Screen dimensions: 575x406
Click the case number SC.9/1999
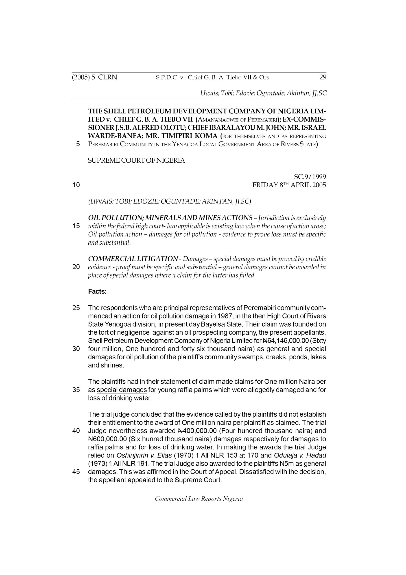pyautogui.click(x=310, y=177)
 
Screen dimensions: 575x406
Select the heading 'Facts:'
pyautogui.click(x=97, y=292)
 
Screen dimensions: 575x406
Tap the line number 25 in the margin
pyautogui.click(x=76, y=308)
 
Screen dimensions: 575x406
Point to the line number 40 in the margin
pyautogui.click(x=76, y=431)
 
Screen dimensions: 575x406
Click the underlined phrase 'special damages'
pyautogui.click(x=122, y=390)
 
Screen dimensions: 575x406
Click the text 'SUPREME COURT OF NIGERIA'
pyautogui.click(x=136, y=160)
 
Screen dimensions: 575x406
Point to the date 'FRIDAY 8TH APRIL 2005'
pyautogui.click(x=289, y=185)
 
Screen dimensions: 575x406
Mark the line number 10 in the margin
pyautogui.click(x=76, y=185)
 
